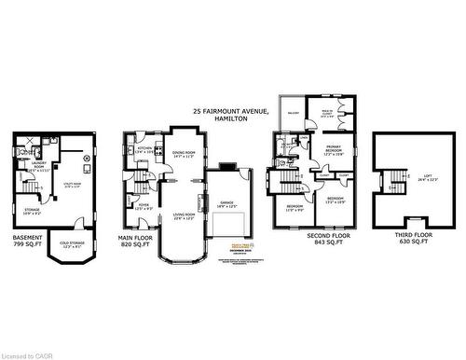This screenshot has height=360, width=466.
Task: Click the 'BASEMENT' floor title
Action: pos(27,237)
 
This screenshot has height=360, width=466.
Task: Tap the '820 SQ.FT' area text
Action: pos(136,244)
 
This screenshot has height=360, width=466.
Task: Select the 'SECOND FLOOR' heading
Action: pos(327,237)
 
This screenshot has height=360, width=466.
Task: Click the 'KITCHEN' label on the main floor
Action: pos(144,149)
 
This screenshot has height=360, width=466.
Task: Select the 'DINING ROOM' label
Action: pos(183,153)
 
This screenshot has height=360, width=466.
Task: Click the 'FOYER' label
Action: pos(144,205)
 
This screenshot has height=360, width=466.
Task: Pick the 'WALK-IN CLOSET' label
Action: pos(327,114)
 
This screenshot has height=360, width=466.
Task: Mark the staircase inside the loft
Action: pos(397,177)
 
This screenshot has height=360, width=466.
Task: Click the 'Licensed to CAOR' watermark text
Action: pos(30,354)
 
